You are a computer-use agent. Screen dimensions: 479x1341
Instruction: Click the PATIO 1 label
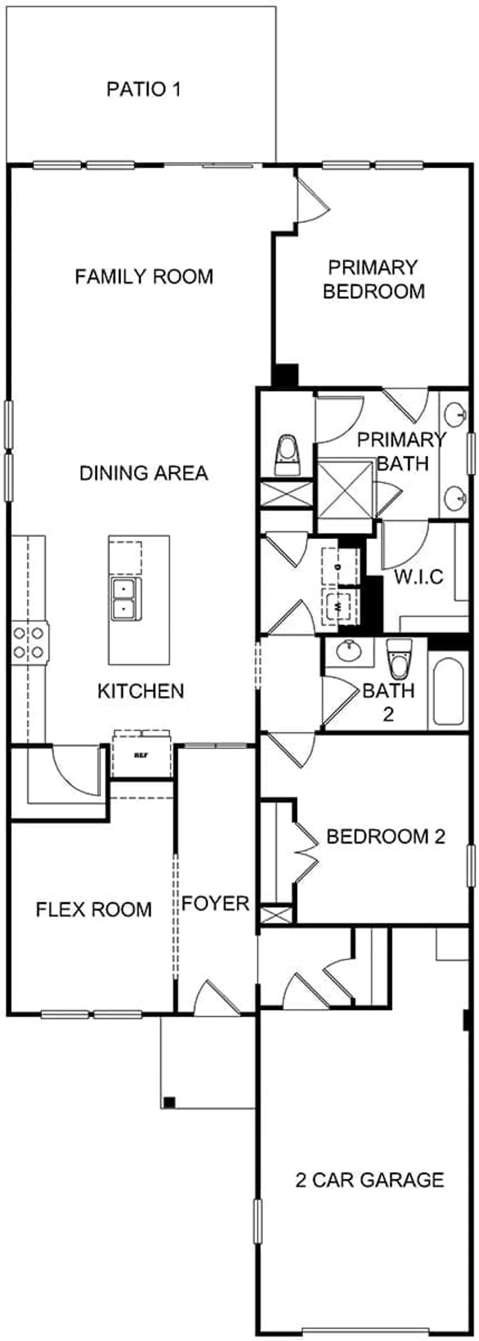coord(144,89)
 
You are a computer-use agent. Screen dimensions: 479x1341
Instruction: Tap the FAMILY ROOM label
coord(144,276)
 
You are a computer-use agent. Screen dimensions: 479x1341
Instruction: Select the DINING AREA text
coord(144,473)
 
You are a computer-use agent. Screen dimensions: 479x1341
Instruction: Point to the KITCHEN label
coord(140,691)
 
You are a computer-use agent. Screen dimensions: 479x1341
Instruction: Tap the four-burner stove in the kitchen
coord(29,642)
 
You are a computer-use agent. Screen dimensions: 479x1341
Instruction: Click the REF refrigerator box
coord(141,756)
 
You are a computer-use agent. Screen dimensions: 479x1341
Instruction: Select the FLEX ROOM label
coord(94,910)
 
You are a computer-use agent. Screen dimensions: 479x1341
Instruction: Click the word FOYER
coord(215,903)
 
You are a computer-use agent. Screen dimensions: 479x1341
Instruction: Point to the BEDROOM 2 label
coord(385,837)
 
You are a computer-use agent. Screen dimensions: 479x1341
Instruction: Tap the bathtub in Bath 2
coord(448,692)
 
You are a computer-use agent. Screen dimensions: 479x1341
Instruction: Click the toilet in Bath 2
coord(399,658)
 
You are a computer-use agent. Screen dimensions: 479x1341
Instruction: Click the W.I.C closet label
coord(419,576)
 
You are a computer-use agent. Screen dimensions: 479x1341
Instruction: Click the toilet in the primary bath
coord(288,455)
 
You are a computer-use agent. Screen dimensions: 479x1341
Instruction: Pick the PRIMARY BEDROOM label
coord(373,279)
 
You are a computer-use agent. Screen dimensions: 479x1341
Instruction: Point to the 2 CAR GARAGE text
coord(370,1180)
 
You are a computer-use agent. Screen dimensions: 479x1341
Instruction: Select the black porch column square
coord(169,1102)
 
